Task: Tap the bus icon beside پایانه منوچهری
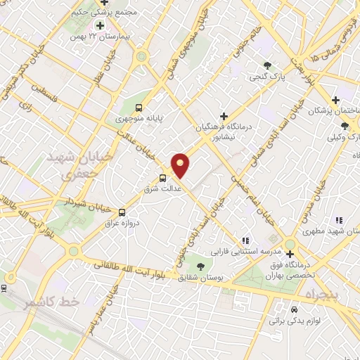point(139,108)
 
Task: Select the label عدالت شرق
point(168,188)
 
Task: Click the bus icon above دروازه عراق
point(122,212)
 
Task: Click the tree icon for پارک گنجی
point(267,65)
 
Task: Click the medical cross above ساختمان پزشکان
point(335,100)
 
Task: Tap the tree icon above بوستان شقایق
point(200,266)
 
